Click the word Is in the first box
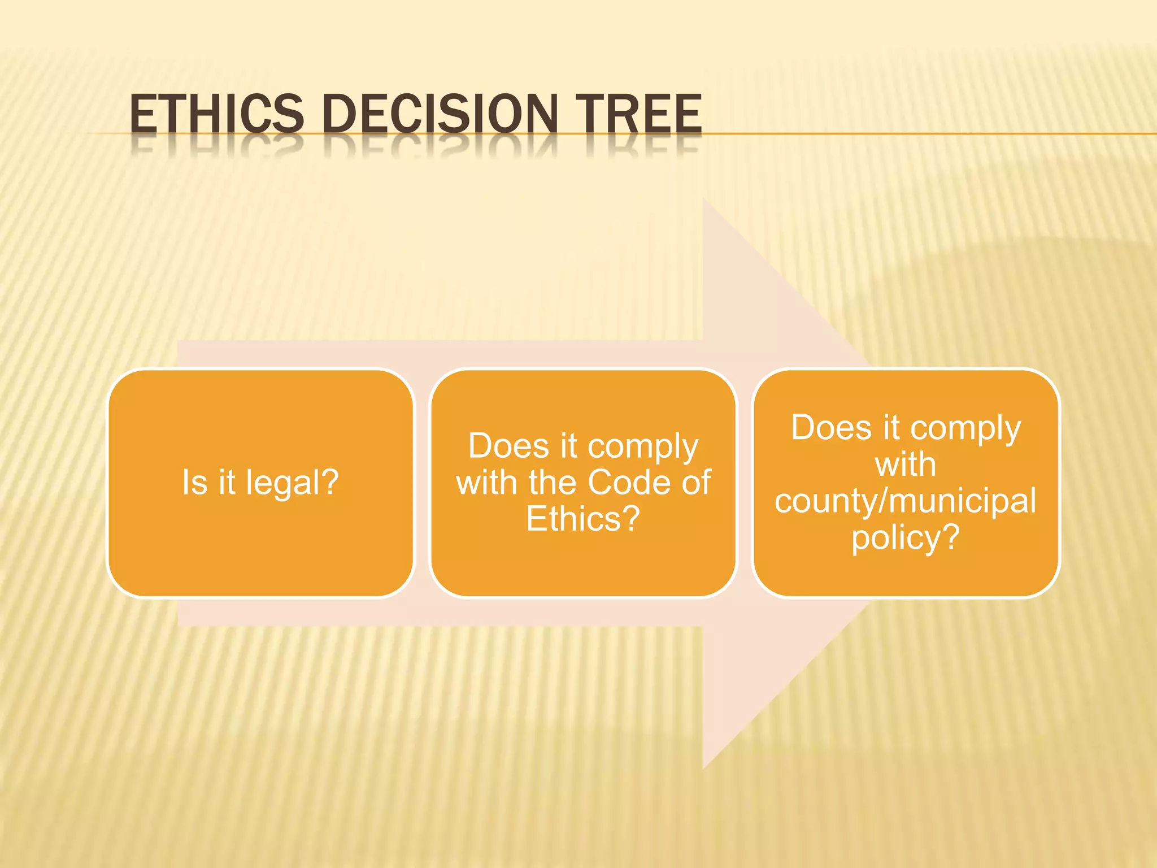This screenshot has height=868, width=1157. click(x=195, y=483)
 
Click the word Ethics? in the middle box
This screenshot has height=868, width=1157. click(x=583, y=519)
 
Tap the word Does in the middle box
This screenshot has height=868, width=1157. click(x=508, y=446)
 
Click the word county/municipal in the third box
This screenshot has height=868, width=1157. click(x=905, y=502)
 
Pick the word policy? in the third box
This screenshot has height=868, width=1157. click(x=906, y=538)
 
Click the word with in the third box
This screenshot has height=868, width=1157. click(x=905, y=465)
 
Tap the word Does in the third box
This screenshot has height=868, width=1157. click(x=830, y=427)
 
